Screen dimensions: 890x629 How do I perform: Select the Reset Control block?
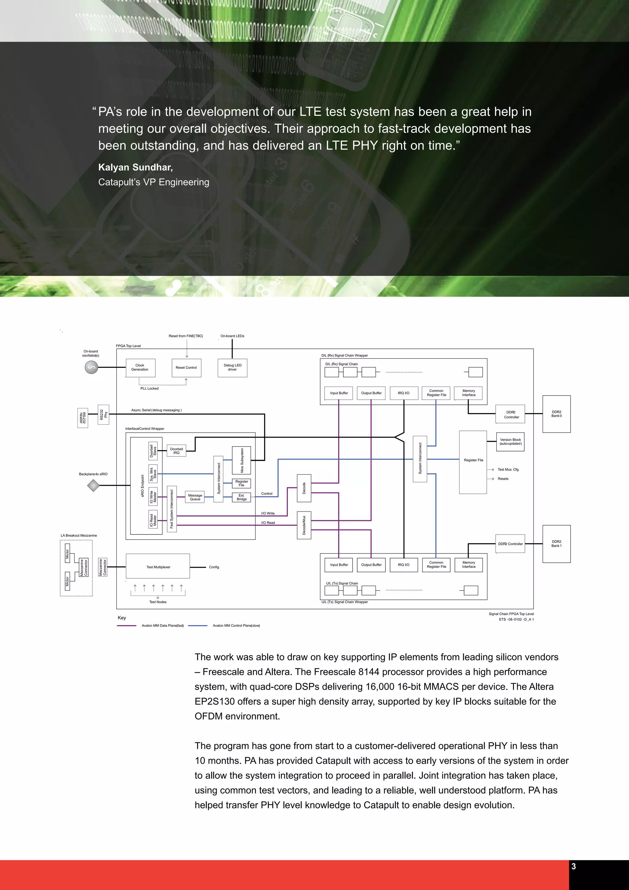(x=186, y=368)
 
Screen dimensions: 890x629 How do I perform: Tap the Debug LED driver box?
(x=232, y=368)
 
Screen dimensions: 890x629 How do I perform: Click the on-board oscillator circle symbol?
(x=92, y=367)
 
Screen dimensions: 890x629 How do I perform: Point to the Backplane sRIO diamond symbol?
(x=93, y=485)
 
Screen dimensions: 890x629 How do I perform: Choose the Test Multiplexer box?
(x=158, y=567)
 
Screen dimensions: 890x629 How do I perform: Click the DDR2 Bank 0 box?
(x=556, y=414)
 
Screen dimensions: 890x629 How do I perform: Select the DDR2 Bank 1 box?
(x=556, y=544)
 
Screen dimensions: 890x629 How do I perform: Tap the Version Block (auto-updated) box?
(x=510, y=442)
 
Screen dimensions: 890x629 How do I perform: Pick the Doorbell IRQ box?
(x=176, y=451)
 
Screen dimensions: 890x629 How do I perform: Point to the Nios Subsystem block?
(x=241, y=460)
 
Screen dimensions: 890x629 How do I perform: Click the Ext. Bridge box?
(x=241, y=497)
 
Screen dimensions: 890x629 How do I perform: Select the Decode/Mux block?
(x=304, y=525)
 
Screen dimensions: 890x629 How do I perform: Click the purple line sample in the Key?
(x=127, y=626)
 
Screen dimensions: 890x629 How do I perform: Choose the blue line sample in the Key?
(x=197, y=626)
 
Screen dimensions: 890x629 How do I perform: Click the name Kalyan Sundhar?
(x=135, y=167)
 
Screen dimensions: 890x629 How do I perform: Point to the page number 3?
(x=574, y=866)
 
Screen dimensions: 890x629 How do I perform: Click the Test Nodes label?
(x=158, y=602)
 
